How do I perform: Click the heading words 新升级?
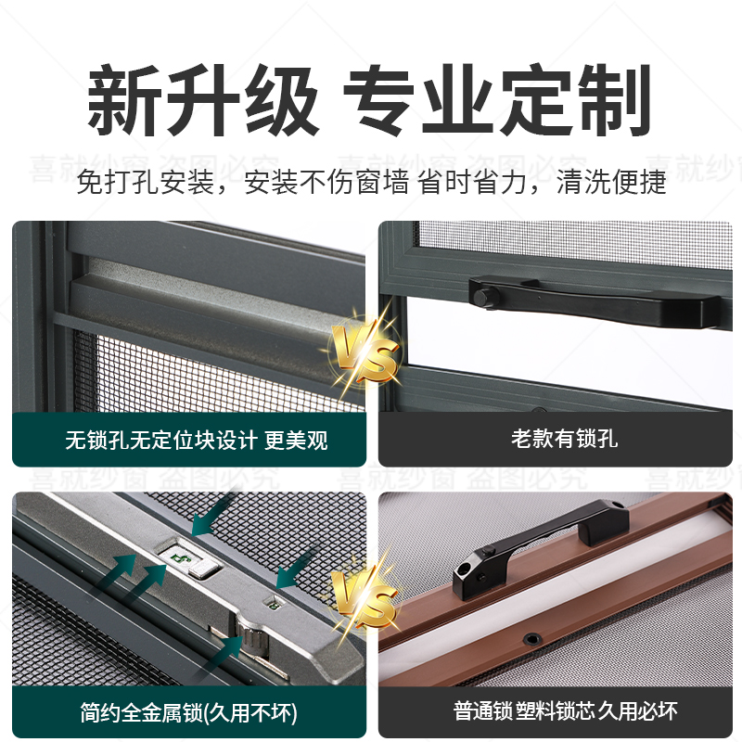click(x=202, y=99)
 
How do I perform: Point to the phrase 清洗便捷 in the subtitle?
click(x=612, y=183)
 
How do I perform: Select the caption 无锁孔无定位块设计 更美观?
click(x=196, y=439)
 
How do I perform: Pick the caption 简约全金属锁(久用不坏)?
click(x=189, y=711)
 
